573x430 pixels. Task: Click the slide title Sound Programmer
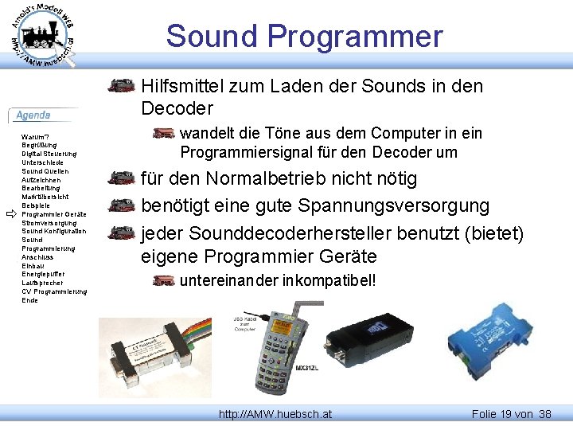304,37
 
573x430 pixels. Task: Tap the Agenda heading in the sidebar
33,115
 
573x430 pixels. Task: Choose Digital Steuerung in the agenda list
49,154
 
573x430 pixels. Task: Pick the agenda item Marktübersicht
45,197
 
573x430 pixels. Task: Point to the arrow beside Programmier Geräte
10,214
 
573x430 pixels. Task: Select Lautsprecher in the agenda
43,283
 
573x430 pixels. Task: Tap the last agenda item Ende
29,300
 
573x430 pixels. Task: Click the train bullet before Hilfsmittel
122,86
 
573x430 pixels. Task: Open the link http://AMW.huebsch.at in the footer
275,414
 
